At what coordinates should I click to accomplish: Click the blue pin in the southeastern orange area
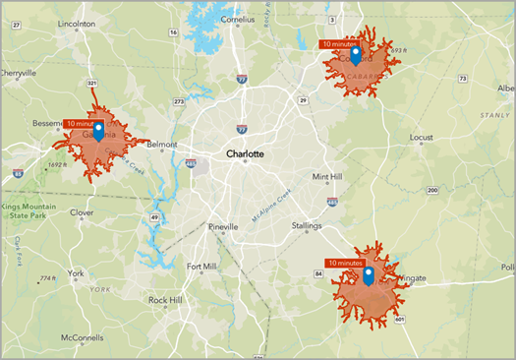(368, 275)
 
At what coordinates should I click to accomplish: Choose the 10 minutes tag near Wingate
(345, 264)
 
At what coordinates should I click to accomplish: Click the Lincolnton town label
(77, 22)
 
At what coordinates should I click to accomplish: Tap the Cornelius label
(243, 19)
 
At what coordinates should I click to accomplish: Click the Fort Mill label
(202, 267)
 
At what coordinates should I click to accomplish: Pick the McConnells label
(83, 338)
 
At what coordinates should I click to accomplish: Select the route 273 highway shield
(178, 101)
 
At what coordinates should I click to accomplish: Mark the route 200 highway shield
(431, 190)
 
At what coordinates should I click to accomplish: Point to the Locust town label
(421, 138)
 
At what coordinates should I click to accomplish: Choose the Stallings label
(306, 226)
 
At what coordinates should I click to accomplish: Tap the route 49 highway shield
(154, 217)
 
